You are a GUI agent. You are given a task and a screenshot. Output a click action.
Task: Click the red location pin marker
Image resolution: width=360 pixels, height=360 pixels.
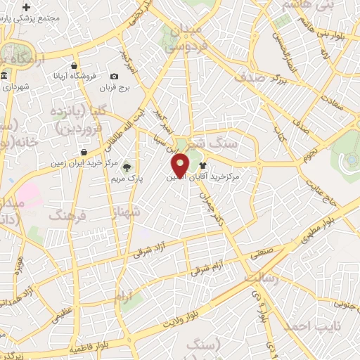[181, 165]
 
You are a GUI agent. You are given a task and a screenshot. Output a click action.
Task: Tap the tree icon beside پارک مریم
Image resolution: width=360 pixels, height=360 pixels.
[127, 167]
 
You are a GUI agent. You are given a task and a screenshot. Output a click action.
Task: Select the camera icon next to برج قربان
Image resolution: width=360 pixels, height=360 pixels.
[115, 76]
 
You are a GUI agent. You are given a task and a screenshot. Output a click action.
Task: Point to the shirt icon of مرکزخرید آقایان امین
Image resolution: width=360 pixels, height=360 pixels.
[212, 167]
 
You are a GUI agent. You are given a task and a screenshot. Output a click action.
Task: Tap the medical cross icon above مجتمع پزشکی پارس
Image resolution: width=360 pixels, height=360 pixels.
[27, 7]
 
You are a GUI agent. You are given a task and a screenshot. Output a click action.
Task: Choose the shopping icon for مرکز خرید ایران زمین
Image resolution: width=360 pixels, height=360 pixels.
[84, 152]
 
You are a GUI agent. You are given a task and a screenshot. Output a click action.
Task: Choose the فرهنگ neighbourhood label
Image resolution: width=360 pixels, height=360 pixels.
[65, 214]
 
